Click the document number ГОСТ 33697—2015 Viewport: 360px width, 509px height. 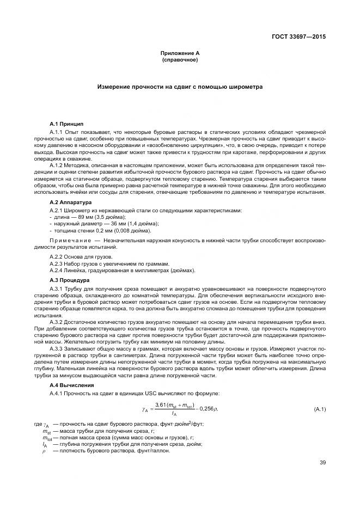pyautogui.click(x=302, y=38)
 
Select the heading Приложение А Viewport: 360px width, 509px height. pyautogui.click(x=180, y=53)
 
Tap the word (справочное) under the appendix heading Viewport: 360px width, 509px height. pyautogui.click(x=180, y=59)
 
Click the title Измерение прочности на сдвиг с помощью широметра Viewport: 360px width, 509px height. pyautogui.click(x=180, y=87)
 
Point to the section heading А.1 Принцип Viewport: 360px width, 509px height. pyautogui.click(x=66, y=125)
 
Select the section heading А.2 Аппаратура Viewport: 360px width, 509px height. pyautogui.click(x=70, y=202)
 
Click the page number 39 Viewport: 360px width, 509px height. pyautogui.click(x=322, y=463)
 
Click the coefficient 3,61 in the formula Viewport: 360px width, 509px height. pyautogui.click(x=161, y=404)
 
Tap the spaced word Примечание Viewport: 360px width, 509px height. pyautogui.click(x=69, y=240)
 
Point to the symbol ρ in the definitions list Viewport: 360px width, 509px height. pyautogui.click(x=44, y=451)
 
